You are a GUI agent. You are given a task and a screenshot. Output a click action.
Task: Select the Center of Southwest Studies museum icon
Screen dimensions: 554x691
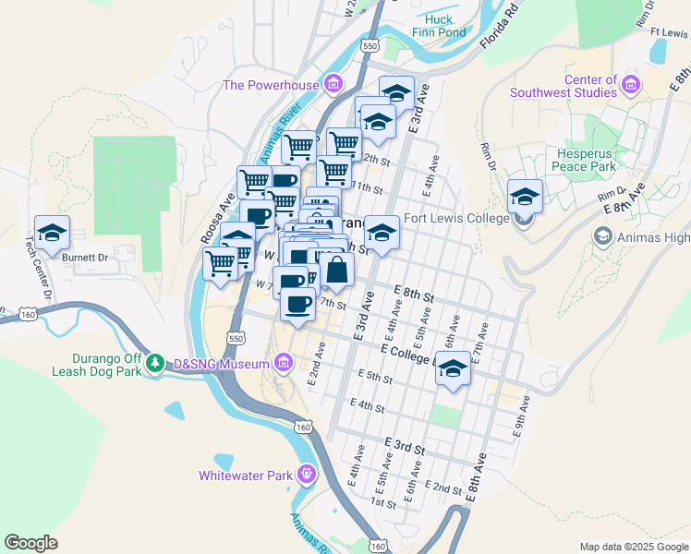[632, 86]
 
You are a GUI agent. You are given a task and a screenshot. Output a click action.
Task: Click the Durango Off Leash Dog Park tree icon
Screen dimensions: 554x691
[158, 364]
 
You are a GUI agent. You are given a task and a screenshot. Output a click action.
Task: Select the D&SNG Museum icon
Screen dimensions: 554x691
[285, 364]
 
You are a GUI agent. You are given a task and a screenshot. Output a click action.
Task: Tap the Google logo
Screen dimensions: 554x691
[30, 543]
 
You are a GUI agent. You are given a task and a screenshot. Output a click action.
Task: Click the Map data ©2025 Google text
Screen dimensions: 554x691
[634, 547]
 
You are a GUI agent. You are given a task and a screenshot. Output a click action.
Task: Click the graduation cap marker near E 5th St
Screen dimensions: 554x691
[452, 370]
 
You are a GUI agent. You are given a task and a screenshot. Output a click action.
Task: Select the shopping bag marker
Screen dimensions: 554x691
[337, 271]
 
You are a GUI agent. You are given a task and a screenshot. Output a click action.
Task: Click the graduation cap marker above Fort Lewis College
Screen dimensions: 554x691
[525, 198]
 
